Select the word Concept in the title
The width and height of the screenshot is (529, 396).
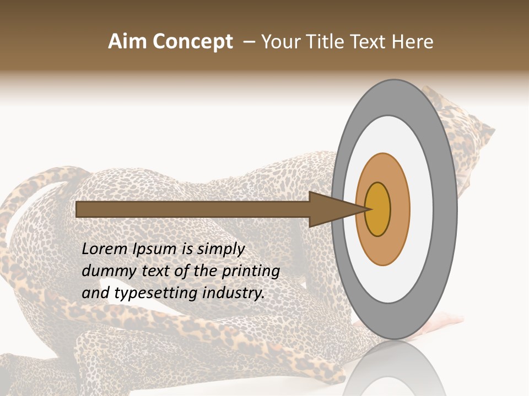192,42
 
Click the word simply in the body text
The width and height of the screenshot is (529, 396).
220,250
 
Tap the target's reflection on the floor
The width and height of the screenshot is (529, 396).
394,369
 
